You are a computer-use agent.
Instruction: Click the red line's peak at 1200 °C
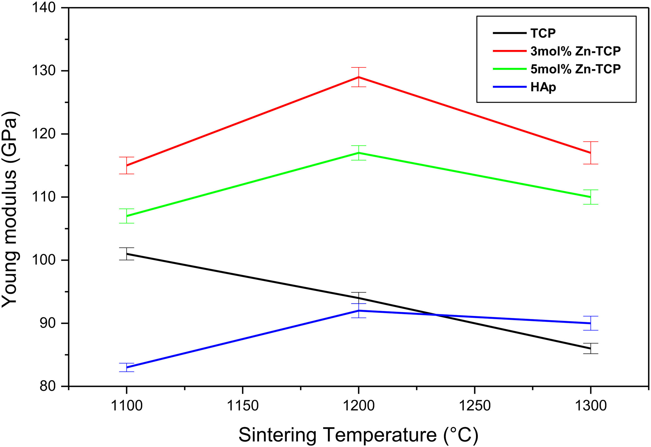coord(358,77)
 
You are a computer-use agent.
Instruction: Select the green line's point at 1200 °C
coord(358,153)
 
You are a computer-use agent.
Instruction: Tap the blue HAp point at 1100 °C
coord(127,368)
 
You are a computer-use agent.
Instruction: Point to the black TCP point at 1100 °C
coord(127,254)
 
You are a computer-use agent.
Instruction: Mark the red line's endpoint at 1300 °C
coord(590,153)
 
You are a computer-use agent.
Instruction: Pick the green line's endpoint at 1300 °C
coord(590,197)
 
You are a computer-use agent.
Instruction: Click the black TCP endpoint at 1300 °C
coord(590,348)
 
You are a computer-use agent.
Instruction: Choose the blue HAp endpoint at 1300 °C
coord(590,323)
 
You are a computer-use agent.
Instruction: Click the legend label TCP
coord(543,33)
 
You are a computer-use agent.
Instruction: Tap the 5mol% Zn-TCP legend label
coord(575,69)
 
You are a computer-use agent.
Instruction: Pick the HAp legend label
coord(543,87)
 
